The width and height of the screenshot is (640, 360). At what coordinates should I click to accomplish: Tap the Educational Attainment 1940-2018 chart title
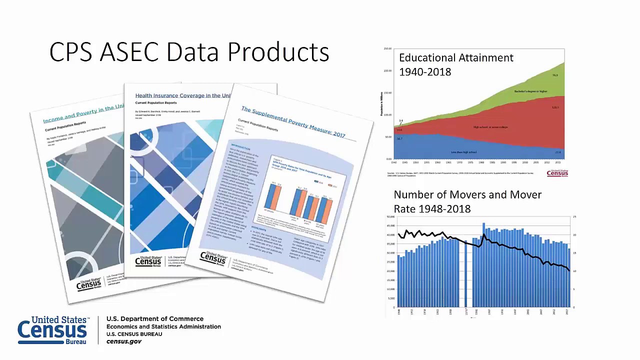point(455,64)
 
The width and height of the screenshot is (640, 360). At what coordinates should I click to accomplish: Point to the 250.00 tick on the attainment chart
point(387,49)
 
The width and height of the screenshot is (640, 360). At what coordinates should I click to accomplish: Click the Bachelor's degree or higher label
point(530,91)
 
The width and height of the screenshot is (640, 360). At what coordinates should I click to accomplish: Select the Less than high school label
point(463,152)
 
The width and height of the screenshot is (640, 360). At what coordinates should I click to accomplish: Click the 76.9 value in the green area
point(555,75)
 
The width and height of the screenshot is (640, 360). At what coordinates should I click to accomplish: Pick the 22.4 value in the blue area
point(558,152)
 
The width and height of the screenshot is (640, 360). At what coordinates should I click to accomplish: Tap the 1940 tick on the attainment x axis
point(394,162)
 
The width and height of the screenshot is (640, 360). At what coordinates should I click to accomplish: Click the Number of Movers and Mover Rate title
point(467,201)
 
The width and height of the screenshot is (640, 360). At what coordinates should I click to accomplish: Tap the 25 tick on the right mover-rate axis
point(574,216)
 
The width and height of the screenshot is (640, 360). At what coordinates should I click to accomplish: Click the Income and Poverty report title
point(83,114)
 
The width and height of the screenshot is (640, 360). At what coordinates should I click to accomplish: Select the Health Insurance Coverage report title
point(182,95)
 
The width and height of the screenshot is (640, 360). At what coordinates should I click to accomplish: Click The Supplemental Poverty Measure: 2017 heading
point(293,121)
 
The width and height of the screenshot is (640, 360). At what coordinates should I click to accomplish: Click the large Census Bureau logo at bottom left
point(52,330)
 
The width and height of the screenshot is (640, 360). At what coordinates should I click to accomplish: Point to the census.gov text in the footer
point(124,341)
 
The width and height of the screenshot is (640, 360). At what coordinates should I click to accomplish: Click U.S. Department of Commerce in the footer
point(155,318)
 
